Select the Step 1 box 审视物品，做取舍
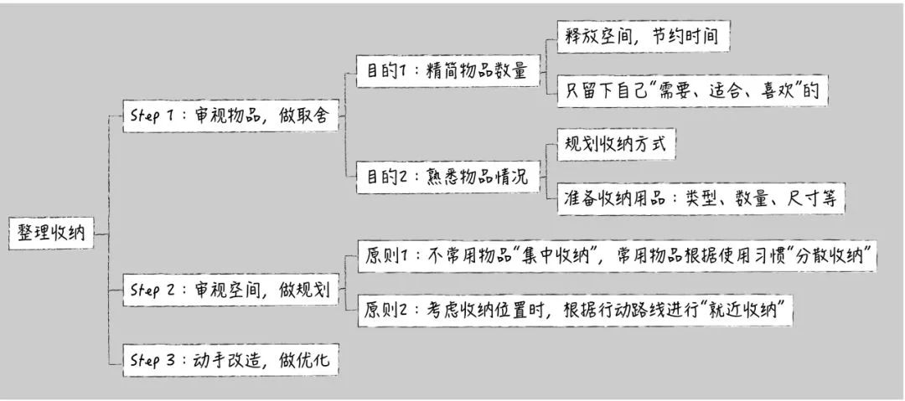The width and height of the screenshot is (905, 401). pos(231,117)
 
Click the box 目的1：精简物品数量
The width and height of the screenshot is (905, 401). pos(446,71)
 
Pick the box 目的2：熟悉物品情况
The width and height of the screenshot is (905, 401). pos(446,177)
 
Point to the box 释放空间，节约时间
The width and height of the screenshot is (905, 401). pos(642,37)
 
